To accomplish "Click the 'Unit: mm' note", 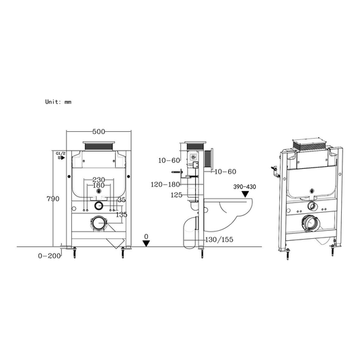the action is click(x=59, y=102).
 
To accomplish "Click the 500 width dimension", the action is click(x=99, y=132).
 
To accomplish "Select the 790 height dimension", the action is click(x=53, y=199).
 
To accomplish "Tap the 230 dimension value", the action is click(x=99, y=180).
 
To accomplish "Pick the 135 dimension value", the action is click(x=121, y=215).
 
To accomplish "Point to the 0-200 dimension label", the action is click(x=49, y=256).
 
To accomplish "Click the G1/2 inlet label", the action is click(x=61, y=153).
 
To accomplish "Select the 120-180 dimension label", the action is click(x=166, y=184).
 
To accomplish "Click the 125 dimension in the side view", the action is click(x=176, y=195).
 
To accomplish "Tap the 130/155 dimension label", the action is click(x=219, y=240).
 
